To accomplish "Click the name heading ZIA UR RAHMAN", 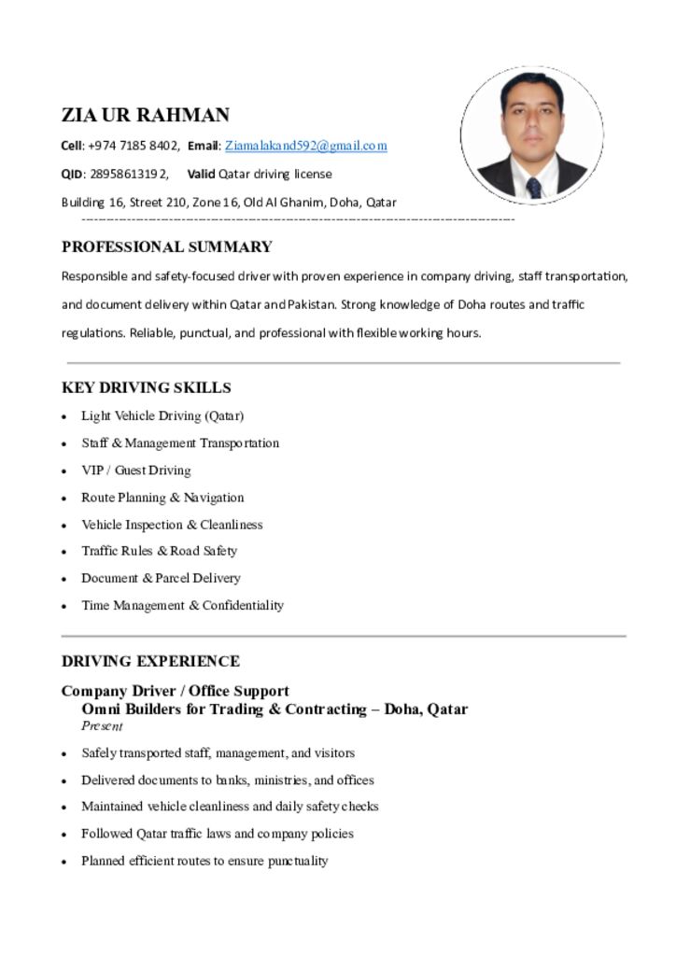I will [x=146, y=115].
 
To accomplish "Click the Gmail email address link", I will [x=305, y=146].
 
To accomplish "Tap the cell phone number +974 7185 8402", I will [x=133, y=146].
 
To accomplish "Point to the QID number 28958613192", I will [x=129, y=174].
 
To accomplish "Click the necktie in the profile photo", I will [x=533, y=187].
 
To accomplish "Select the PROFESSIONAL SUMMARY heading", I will [x=167, y=247].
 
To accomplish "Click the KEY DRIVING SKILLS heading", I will [x=147, y=387].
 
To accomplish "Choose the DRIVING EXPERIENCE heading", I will [x=150, y=661].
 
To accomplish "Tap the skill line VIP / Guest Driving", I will [x=135, y=471].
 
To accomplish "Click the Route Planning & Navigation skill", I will [x=162, y=498].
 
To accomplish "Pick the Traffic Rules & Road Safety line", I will [x=159, y=551].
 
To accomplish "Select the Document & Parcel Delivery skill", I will [x=161, y=578].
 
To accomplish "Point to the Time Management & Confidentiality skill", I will [x=182, y=605].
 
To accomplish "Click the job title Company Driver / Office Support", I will [x=176, y=691].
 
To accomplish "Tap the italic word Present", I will [x=102, y=725].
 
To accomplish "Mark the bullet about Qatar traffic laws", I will [x=217, y=834].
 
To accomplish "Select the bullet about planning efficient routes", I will [x=204, y=861].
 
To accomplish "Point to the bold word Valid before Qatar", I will [x=201, y=174].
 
